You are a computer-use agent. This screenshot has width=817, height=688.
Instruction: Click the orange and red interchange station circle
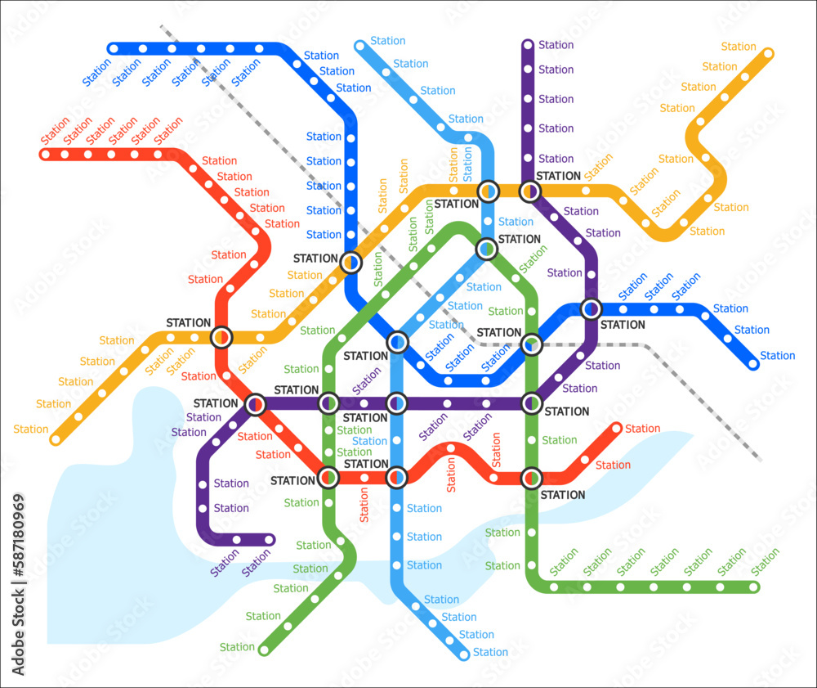click(221, 336)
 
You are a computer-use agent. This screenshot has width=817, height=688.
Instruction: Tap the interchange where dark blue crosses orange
click(350, 262)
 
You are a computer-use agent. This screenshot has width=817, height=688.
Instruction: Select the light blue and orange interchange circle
click(488, 191)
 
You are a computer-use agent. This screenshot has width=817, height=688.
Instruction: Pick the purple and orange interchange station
click(530, 191)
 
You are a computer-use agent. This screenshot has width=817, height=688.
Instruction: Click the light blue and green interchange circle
click(487, 248)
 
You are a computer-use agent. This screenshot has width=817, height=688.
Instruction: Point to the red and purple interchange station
click(256, 403)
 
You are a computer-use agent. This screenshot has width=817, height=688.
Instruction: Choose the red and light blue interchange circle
click(396, 476)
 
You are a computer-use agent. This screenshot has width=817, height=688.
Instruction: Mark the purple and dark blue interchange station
click(591, 309)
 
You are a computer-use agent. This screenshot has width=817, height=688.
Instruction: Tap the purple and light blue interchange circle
click(396, 402)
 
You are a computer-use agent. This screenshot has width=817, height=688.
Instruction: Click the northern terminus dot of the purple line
click(528, 45)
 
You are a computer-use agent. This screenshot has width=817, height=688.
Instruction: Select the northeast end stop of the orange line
click(768, 54)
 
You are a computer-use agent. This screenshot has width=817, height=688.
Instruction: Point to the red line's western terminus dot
click(46, 154)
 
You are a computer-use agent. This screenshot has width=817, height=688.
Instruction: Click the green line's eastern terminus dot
click(754, 587)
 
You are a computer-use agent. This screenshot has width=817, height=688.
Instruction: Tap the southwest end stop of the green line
click(264, 650)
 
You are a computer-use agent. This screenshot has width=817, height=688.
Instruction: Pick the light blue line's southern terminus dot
click(465, 654)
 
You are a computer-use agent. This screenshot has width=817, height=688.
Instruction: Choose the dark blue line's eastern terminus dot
click(753, 364)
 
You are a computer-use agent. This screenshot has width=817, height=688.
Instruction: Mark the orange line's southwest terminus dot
click(56, 439)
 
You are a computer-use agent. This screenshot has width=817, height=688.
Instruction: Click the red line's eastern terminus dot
click(617, 428)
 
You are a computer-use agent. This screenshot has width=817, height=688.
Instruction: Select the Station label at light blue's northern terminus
click(387, 41)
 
